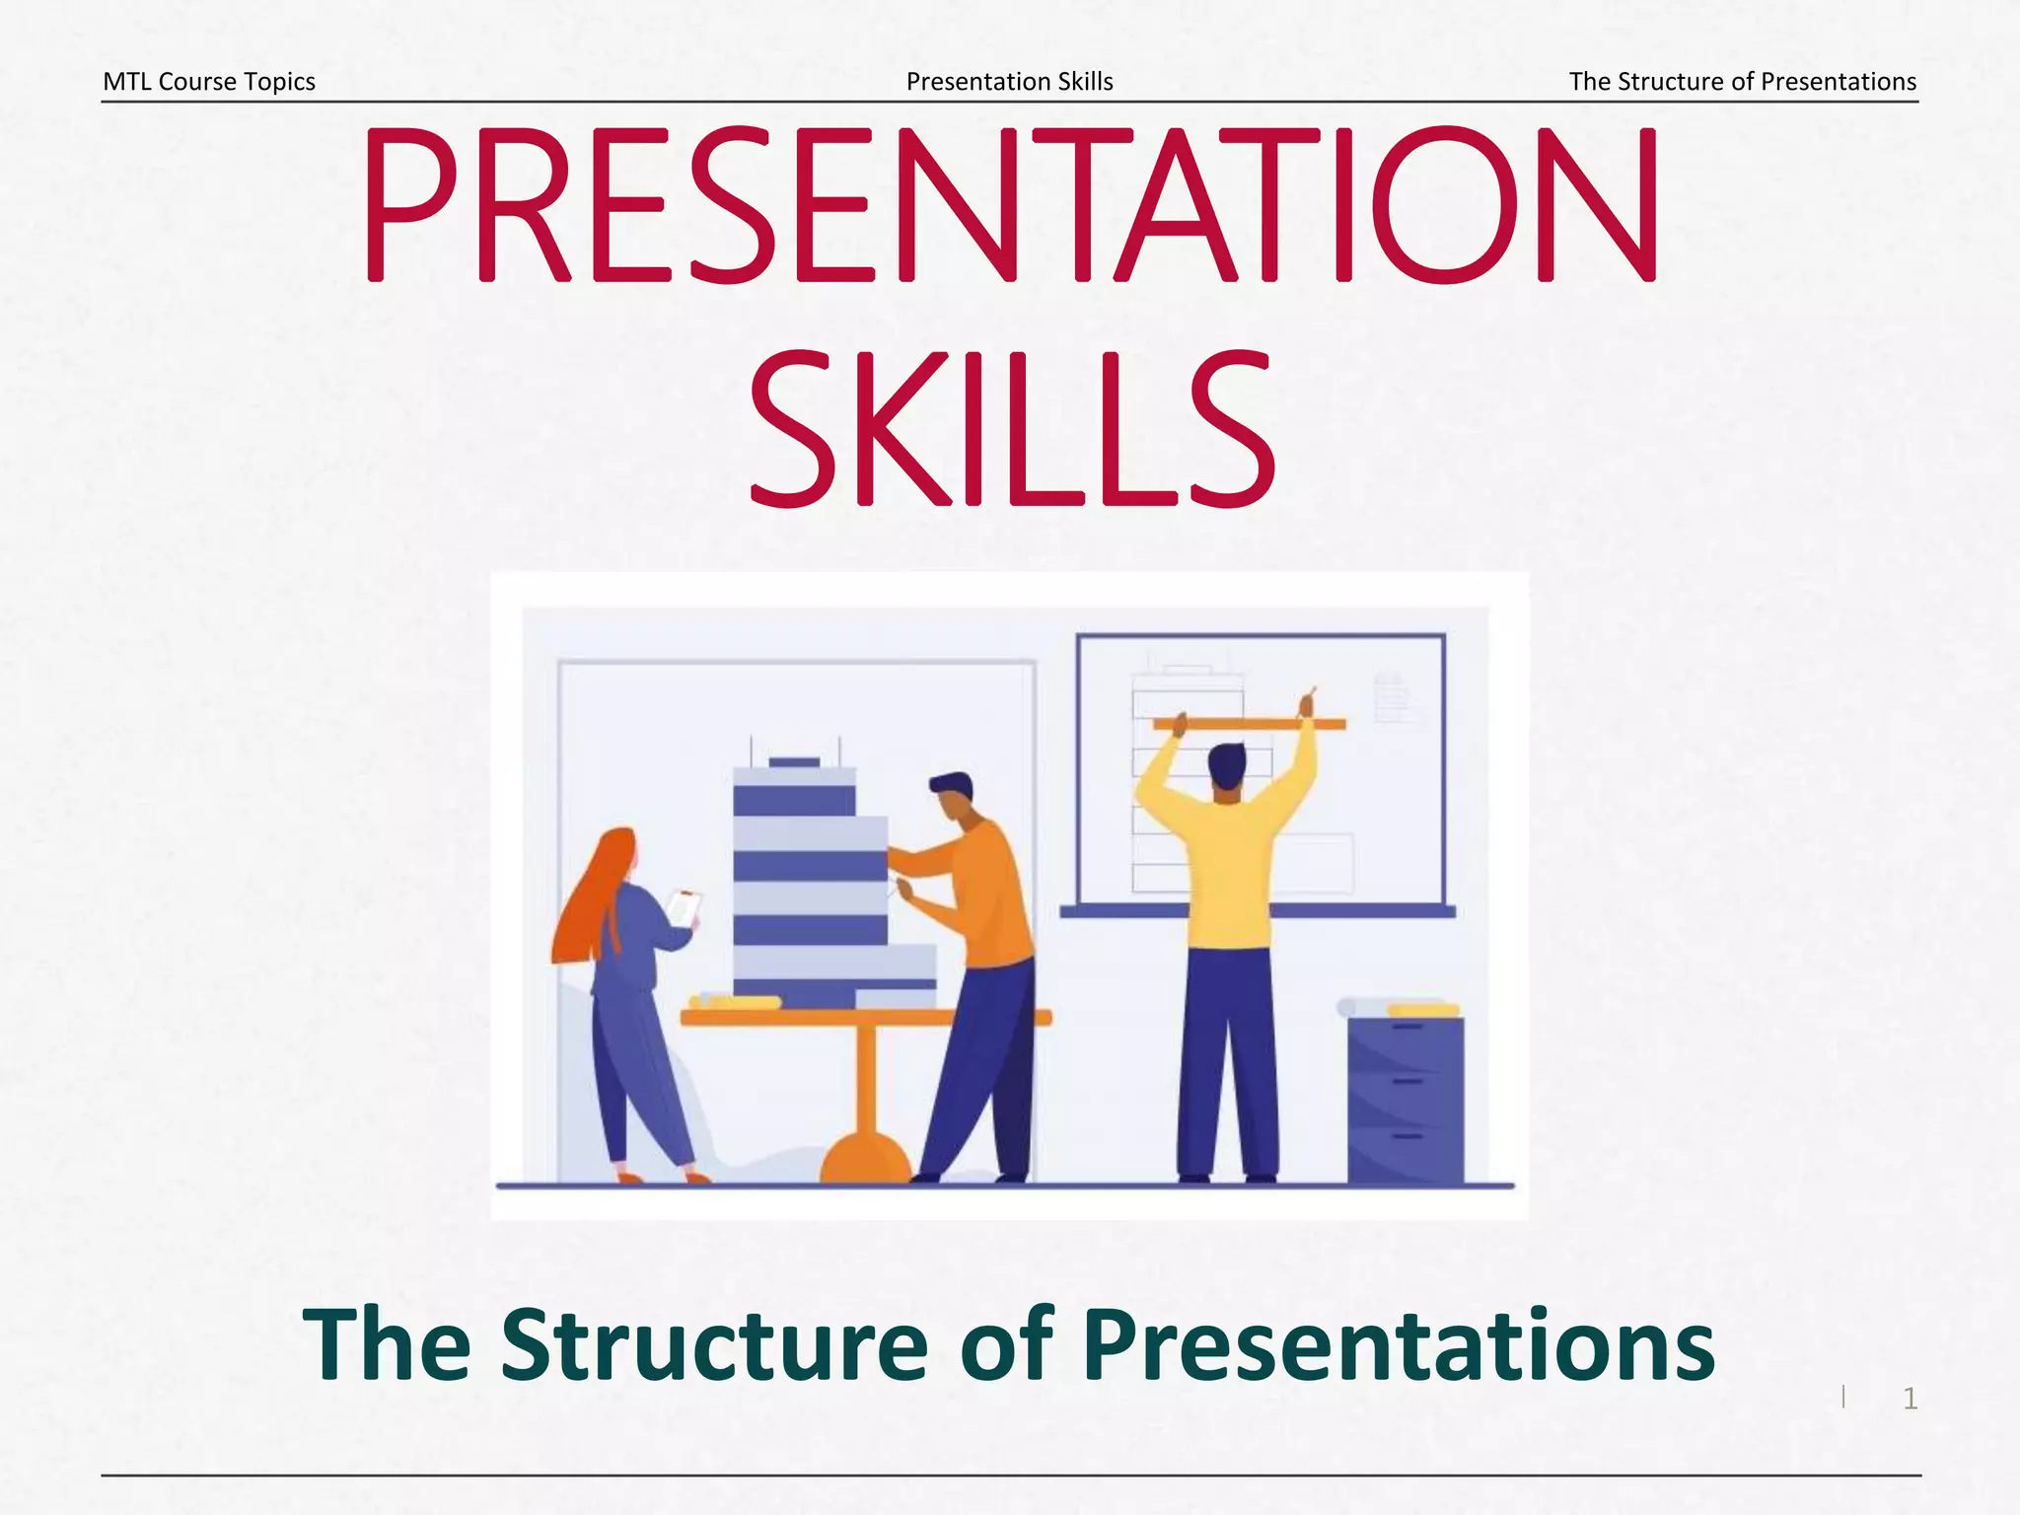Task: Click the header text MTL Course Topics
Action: pos(209,82)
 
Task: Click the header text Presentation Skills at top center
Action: pos(1009,82)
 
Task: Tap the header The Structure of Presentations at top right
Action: pos(1742,82)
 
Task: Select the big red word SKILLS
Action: pos(1012,430)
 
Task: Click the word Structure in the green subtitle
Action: pos(714,1345)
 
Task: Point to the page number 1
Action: pos(1910,1399)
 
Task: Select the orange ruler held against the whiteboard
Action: pos(1249,725)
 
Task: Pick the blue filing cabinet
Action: pos(1406,1100)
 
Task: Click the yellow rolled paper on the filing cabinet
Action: pos(1422,1010)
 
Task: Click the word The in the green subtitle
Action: pos(387,1345)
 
